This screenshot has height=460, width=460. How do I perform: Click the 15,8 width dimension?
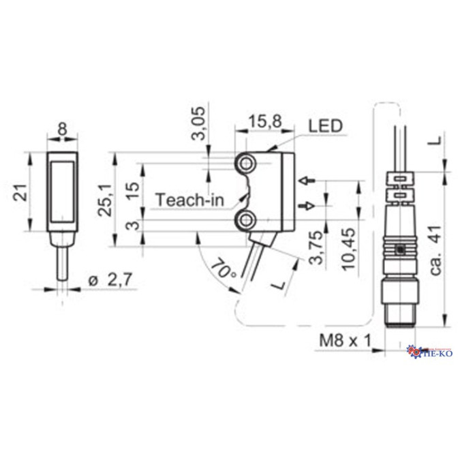click(x=263, y=122)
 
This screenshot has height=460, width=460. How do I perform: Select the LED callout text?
click(x=325, y=125)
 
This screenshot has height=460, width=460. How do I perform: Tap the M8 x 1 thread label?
click(x=343, y=339)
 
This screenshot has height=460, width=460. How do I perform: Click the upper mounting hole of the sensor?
click(x=245, y=163)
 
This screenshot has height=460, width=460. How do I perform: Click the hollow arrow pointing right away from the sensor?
click(x=307, y=205)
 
